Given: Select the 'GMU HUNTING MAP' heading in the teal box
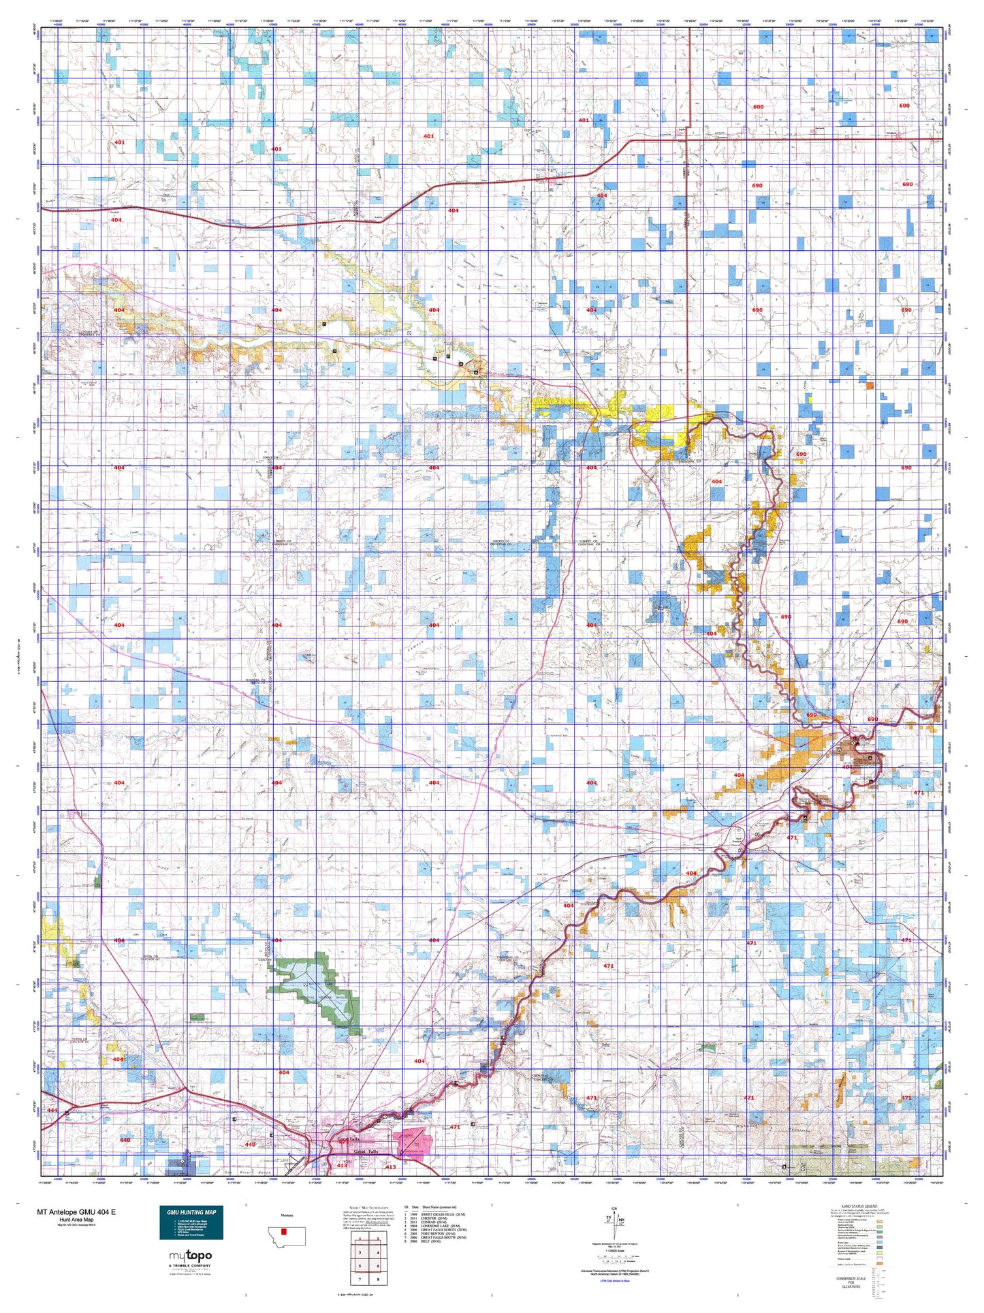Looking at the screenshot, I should pos(191,1212).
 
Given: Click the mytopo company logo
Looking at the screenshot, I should pos(190,1256).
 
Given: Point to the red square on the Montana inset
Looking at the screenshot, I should pos(285,1232).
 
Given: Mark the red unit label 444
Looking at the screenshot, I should pos(52,1110).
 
